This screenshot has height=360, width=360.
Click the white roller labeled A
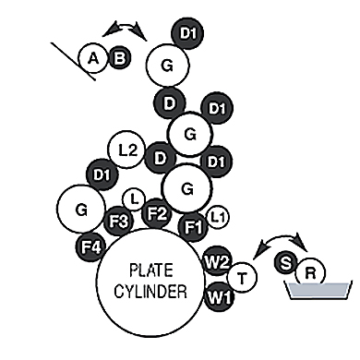point(93,58)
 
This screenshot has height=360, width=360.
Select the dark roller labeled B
point(120,57)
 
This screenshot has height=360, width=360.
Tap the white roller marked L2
point(126,150)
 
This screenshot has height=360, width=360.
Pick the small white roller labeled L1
point(218,218)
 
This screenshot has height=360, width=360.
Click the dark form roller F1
point(194,227)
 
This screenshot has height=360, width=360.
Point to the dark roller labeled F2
point(157,213)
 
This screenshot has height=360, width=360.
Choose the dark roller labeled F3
point(118,221)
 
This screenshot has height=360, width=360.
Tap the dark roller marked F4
point(91,247)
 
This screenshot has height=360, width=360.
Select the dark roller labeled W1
point(220,297)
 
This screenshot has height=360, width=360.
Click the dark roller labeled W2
point(217,261)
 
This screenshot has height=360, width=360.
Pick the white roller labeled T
point(242,278)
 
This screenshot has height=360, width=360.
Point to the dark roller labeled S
point(286,263)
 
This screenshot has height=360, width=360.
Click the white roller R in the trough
point(310,272)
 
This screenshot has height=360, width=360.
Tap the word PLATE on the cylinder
point(151,270)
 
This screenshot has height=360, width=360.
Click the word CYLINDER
point(150,291)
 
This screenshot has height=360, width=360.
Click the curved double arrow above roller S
point(281,238)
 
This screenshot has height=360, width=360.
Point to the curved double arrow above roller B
point(124,27)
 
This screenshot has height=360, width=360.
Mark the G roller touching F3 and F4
point(81,209)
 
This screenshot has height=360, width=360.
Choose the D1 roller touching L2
point(102,175)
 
